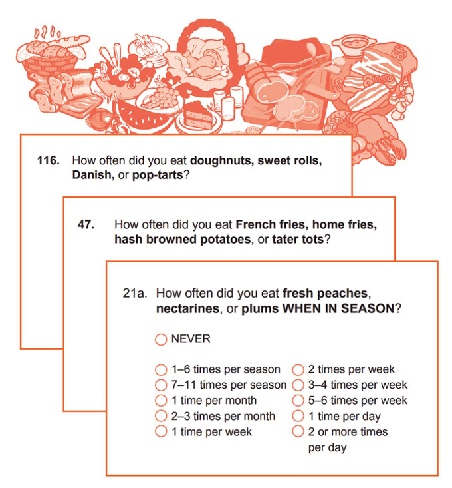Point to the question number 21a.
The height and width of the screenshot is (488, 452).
pyautogui.click(x=135, y=293)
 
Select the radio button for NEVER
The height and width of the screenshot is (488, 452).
pyautogui.click(x=160, y=340)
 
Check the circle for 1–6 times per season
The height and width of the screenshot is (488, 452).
pyautogui.click(x=160, y=369)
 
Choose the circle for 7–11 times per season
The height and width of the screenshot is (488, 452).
pyautogui.click(x=160, y=385)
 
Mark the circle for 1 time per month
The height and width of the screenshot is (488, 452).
pyautogui.click(x=160, y=401)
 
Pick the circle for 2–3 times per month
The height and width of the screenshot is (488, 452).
pyautogui.click(x=160, y=417)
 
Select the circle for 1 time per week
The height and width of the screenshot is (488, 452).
pyautogui.click(x=160, y=432)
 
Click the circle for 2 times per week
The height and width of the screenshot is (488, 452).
pyautogui.click(x=298, y=369)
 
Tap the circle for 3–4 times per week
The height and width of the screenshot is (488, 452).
pyautogui.click(x=298, y=385)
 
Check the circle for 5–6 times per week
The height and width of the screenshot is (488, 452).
pyautogui.click(x=298, y=401)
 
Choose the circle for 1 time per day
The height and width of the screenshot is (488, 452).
pyautogui.click(x=298, y=417)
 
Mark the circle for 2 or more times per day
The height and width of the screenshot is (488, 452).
pyautogui.click(x=298, y=432)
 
